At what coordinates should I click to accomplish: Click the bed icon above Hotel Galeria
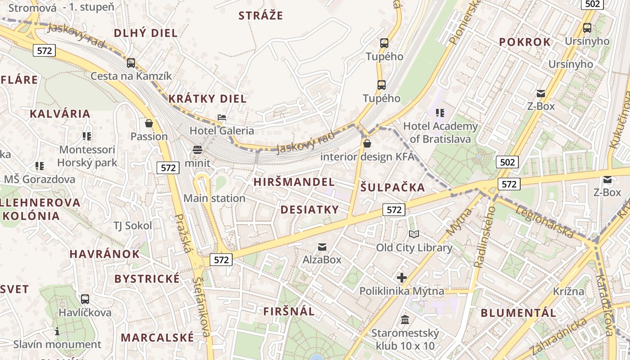(x=222, y=117)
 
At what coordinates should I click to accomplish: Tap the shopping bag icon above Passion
(x=149, y=123)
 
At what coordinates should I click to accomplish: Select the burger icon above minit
(x=198, y=149)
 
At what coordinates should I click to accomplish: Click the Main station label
(x=214, y=198)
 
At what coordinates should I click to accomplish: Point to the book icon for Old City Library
(x=414, y=234)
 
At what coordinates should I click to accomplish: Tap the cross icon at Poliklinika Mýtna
(x=402, y=278)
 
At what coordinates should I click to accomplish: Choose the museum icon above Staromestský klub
(x=405, y=319)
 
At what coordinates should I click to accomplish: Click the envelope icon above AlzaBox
(x=322, y=247)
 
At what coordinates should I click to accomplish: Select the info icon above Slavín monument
(x=57, y=332)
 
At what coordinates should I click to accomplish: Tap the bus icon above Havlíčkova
(x=85, y=299)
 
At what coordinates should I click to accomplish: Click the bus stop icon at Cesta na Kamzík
(x=131, y=63)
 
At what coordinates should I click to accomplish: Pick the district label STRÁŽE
(x=261, y=16)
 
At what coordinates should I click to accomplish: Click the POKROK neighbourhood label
(x=525, y=42)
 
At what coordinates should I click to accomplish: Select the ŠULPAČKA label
(x=392, y=187)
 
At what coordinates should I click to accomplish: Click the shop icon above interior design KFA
(x=367, y=144)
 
